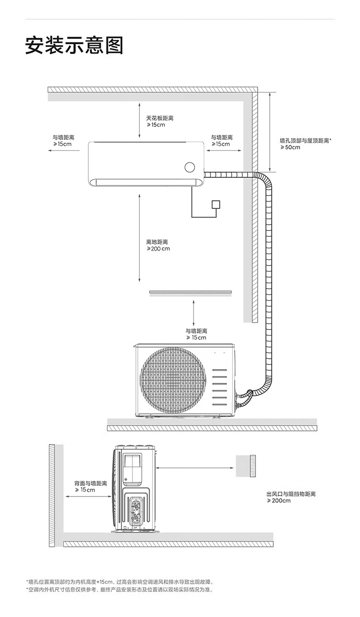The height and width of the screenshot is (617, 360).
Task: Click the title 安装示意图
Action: [x=74, y=45]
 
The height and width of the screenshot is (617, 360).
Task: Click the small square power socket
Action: [x=216, y=205]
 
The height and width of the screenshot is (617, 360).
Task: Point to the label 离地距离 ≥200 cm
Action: [x=158, y=245]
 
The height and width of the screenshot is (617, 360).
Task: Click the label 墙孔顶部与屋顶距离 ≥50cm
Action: [x=306, y=144]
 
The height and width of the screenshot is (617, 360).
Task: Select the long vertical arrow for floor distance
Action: [x=139, y=238]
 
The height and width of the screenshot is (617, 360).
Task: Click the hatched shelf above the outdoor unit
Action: [x=191, y=292]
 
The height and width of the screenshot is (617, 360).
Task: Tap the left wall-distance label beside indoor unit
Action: [x=63, y=141]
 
